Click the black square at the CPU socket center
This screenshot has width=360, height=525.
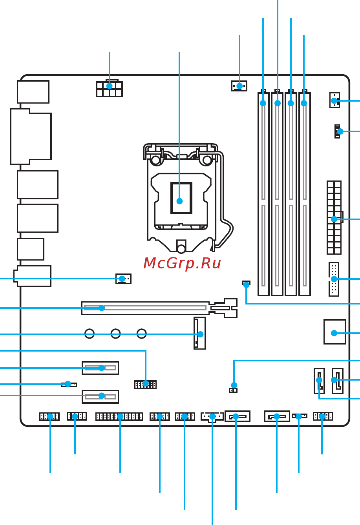181,198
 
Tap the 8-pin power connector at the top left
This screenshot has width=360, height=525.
109,89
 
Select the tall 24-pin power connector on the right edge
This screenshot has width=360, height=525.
334,217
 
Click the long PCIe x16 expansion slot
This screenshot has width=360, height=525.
145,308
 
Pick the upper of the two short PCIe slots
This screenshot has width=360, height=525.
100,368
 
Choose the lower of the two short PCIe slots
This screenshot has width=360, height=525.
100,396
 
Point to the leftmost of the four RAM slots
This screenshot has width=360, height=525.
263,194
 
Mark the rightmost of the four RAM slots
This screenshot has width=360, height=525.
304,194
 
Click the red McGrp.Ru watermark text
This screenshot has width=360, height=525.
182,264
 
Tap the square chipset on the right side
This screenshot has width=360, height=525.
334,332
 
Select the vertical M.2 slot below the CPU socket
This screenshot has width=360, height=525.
199,333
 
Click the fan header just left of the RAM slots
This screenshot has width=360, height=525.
239,86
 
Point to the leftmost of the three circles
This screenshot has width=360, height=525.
90,334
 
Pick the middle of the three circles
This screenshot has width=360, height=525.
115,334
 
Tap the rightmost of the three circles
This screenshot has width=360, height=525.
142,334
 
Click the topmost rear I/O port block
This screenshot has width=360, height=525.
33,92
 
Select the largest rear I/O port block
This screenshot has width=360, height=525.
31,136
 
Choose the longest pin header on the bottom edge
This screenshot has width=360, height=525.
119,416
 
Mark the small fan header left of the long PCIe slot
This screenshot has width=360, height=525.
123,279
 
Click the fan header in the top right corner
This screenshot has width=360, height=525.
334,100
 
